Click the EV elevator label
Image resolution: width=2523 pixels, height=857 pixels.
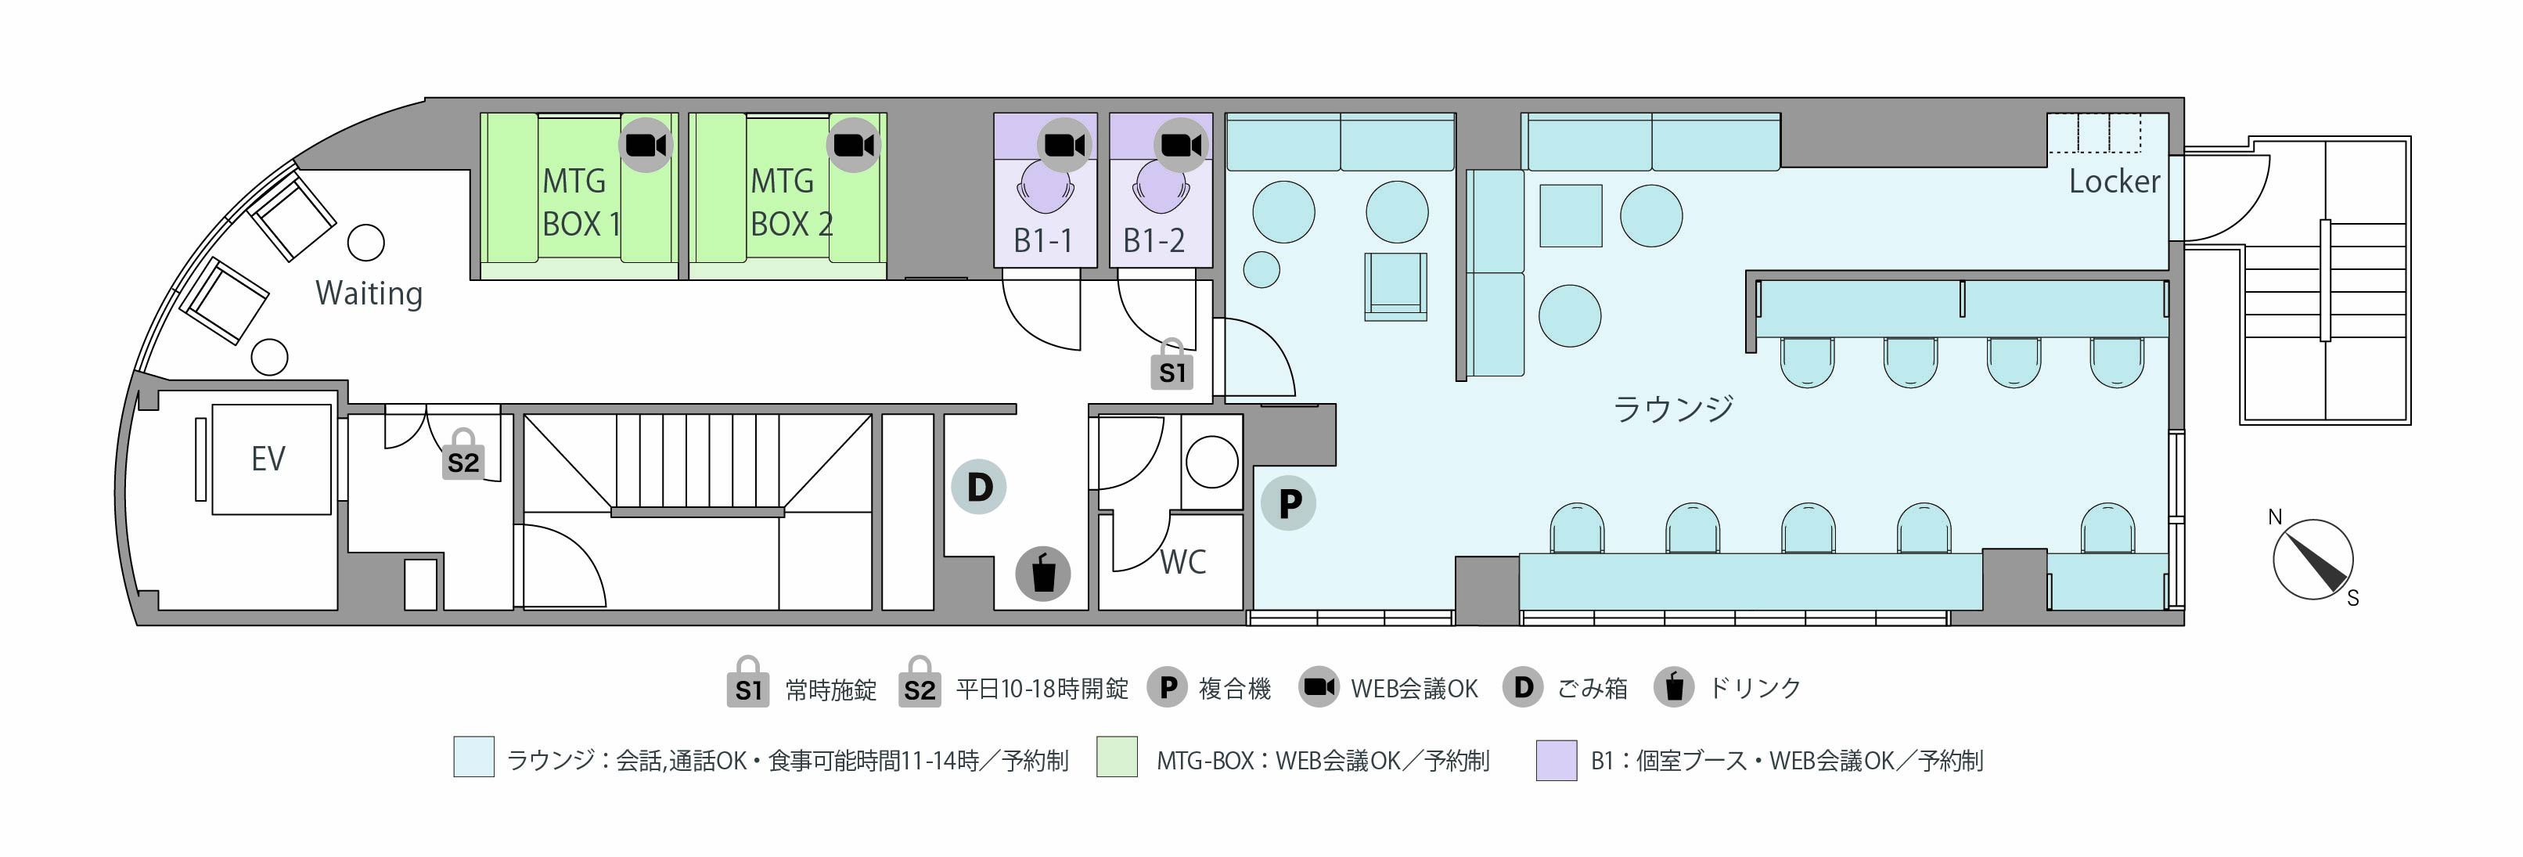pyautogui.click(x=268, y=459)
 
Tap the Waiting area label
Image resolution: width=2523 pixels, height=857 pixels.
pyautogui.click(x=369, y=293)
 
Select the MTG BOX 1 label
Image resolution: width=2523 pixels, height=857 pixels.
pyautogui.click(x=581, y=202)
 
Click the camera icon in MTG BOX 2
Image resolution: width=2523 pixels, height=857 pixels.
pyautogui.click(x=854, y=145)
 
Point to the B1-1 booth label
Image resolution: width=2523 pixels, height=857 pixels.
pyautogui.click(x=1042, y=240)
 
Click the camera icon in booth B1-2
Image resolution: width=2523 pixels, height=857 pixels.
pyautogui.click(x=1181, y=145)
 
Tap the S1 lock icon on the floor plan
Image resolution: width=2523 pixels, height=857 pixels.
pyautogui.click(x=1172, y=365)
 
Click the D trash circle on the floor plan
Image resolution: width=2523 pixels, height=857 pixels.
pyautogui.click(x=980, y=487)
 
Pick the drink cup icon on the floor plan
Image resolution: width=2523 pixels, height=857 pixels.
pyautogui.click(x=1043, y=573)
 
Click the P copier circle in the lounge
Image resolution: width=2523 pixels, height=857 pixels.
pyautogui.click(x=1289, y=503)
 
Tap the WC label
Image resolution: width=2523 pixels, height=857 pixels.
pyautogui.click(x=1183, y=562)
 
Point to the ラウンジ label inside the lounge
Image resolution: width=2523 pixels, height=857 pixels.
pyautogui.click(x=1673, y=409)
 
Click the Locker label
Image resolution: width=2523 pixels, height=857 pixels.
pyautogui.click(x=2114, y=182)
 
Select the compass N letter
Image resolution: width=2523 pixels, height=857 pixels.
pyautogui.click(x=2275, y=517)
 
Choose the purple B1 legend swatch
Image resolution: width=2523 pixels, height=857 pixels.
pyautogui.click(x=1557, y=760)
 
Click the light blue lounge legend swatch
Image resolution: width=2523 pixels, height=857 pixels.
pyautogui.click(x=474, y=757)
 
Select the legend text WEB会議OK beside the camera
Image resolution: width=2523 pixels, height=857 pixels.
pyautogui.click(x=1414, y=689)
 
